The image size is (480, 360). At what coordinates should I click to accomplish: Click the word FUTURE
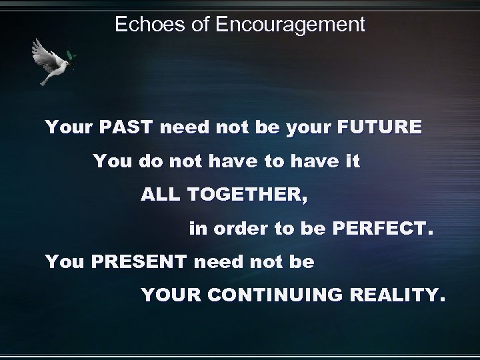click(x=379, y=127)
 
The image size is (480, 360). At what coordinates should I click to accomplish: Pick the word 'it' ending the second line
click(x=353, y=161)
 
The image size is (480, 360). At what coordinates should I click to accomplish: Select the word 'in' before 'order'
click(x=197, y=230)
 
